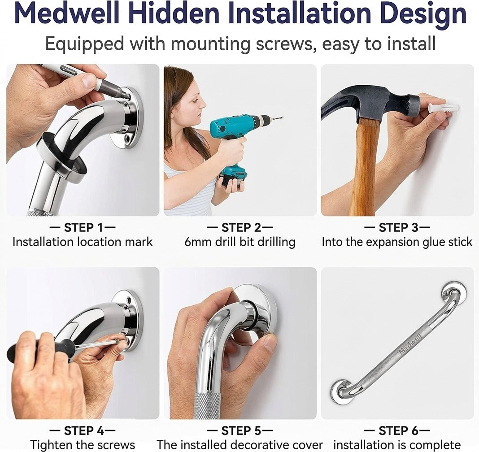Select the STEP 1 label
pyautogui.click(x=82, y=227)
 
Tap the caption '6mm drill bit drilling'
pyautogui.click(x=240, y=242)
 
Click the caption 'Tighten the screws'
pyautogui.click(x=83, y=445)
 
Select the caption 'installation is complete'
pyautogui.click(x=397, y=445)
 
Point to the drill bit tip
pyautogui.click(x=283, y=117)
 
